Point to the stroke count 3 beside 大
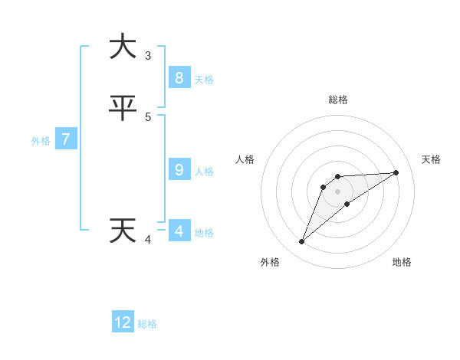148,55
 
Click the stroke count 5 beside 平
148,116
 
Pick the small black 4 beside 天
148,240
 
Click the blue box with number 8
179,78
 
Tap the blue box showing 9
179,170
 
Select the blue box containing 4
179,231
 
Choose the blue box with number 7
66,139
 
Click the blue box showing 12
123,322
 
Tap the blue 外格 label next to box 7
41,141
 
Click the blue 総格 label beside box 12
147,324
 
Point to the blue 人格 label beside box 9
205,172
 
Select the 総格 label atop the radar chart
337,100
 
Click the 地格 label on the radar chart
402,262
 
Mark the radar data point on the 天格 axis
396,172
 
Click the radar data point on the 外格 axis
301,241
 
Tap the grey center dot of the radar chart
337,191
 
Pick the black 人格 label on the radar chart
245,159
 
